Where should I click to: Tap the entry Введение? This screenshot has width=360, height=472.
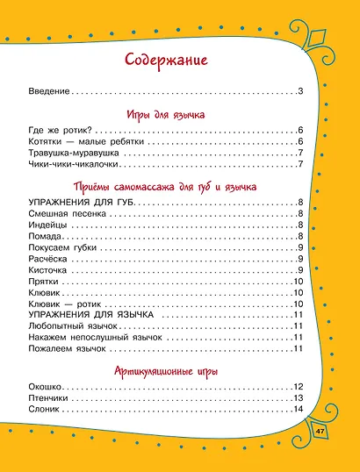tap(49, 92)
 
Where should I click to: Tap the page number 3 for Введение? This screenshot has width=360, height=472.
tap(300, 92)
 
